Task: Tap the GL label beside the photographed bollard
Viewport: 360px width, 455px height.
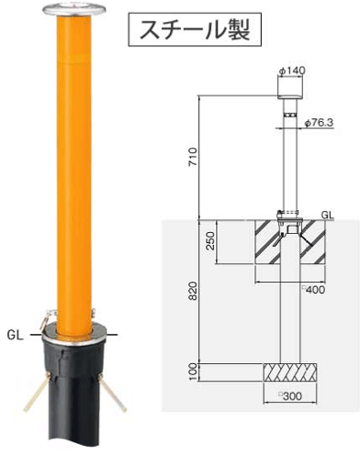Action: (14, 333)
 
